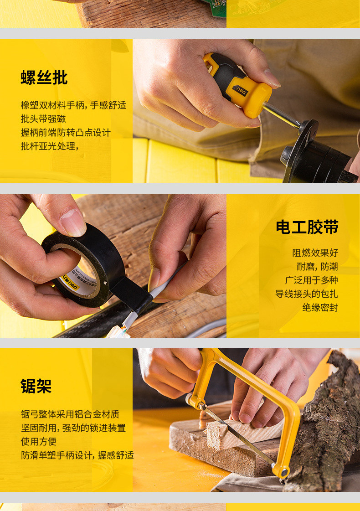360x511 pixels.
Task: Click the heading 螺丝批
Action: coord(44,77)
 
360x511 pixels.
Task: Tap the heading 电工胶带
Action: coord(307,227)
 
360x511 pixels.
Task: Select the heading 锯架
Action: coord(36,386)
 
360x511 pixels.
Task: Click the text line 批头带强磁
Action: coord(43,119)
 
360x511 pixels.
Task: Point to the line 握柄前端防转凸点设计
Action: coord(66,133)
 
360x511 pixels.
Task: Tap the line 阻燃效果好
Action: coord(315,253)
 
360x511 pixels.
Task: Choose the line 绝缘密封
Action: coord(320,307)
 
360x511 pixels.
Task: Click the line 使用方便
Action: coord(39,441)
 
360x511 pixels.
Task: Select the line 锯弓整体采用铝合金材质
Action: coord(70,414)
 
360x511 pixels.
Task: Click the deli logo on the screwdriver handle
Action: coord(241,91)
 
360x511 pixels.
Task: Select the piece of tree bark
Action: coord(326,423)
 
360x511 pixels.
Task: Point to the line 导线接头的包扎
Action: coord(307,294)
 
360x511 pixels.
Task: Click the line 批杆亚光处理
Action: coord(50,146)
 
